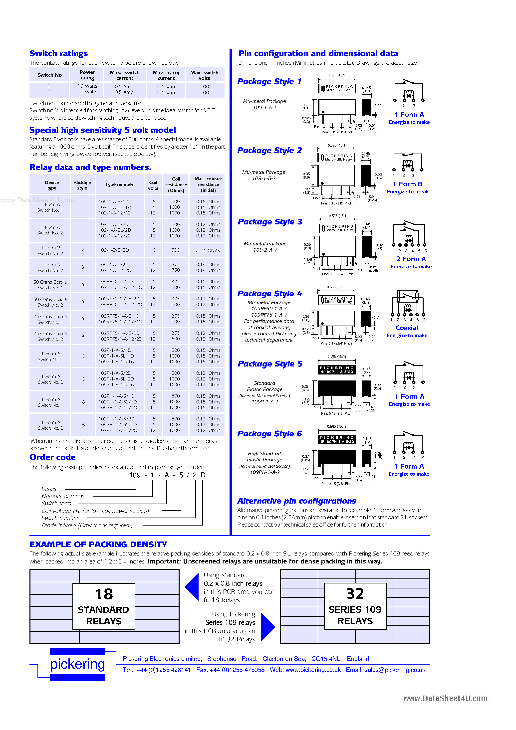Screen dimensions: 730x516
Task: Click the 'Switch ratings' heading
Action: click(58, 53)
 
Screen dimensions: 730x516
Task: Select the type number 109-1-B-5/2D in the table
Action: click(114, 250)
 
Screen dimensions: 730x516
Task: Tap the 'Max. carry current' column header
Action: click(166, 75)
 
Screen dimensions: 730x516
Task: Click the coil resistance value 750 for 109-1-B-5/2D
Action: click(175, 250)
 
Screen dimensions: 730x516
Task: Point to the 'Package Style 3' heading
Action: click(270, 222)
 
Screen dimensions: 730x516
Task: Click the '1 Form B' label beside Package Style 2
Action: click(408, 184)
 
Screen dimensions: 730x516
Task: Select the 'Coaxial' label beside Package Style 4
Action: click(407, 328)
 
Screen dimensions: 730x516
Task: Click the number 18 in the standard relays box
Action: click(104, 594)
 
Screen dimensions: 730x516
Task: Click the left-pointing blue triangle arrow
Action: click(192, 587)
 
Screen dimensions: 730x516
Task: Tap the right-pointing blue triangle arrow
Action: click(267, 627)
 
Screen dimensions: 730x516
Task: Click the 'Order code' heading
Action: click(52, 457)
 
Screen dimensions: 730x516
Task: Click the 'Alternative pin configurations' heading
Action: click(296, 501)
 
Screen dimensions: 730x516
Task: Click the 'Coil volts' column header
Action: click(153, 185)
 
